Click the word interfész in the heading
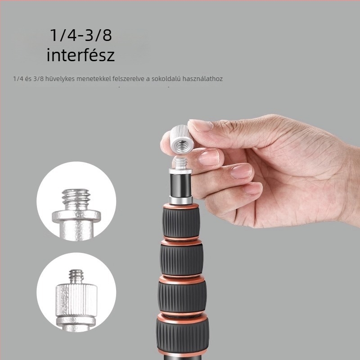81,55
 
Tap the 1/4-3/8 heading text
81,35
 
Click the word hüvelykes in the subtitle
60,79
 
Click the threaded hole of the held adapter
181,146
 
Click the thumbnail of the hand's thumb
201,126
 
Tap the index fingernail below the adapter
209,157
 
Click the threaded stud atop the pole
180,162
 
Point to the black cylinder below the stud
181,185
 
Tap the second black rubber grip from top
182,260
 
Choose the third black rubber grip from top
182,297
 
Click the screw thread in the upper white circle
76,199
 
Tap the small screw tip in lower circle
76,277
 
